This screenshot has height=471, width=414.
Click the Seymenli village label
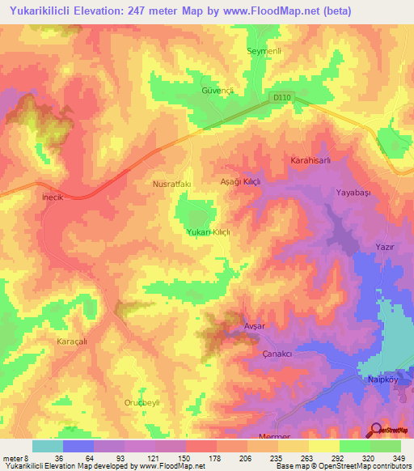tap(262, 51)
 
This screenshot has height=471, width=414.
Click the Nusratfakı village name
tap(171, 185)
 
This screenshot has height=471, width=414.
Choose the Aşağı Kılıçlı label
tap(241, 183)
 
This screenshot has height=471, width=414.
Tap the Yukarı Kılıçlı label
tap(209, 231)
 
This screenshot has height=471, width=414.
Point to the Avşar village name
tap(255, 325)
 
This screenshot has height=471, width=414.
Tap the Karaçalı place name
tap(70, 342)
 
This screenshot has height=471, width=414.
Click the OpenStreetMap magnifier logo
tap(377, 431)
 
